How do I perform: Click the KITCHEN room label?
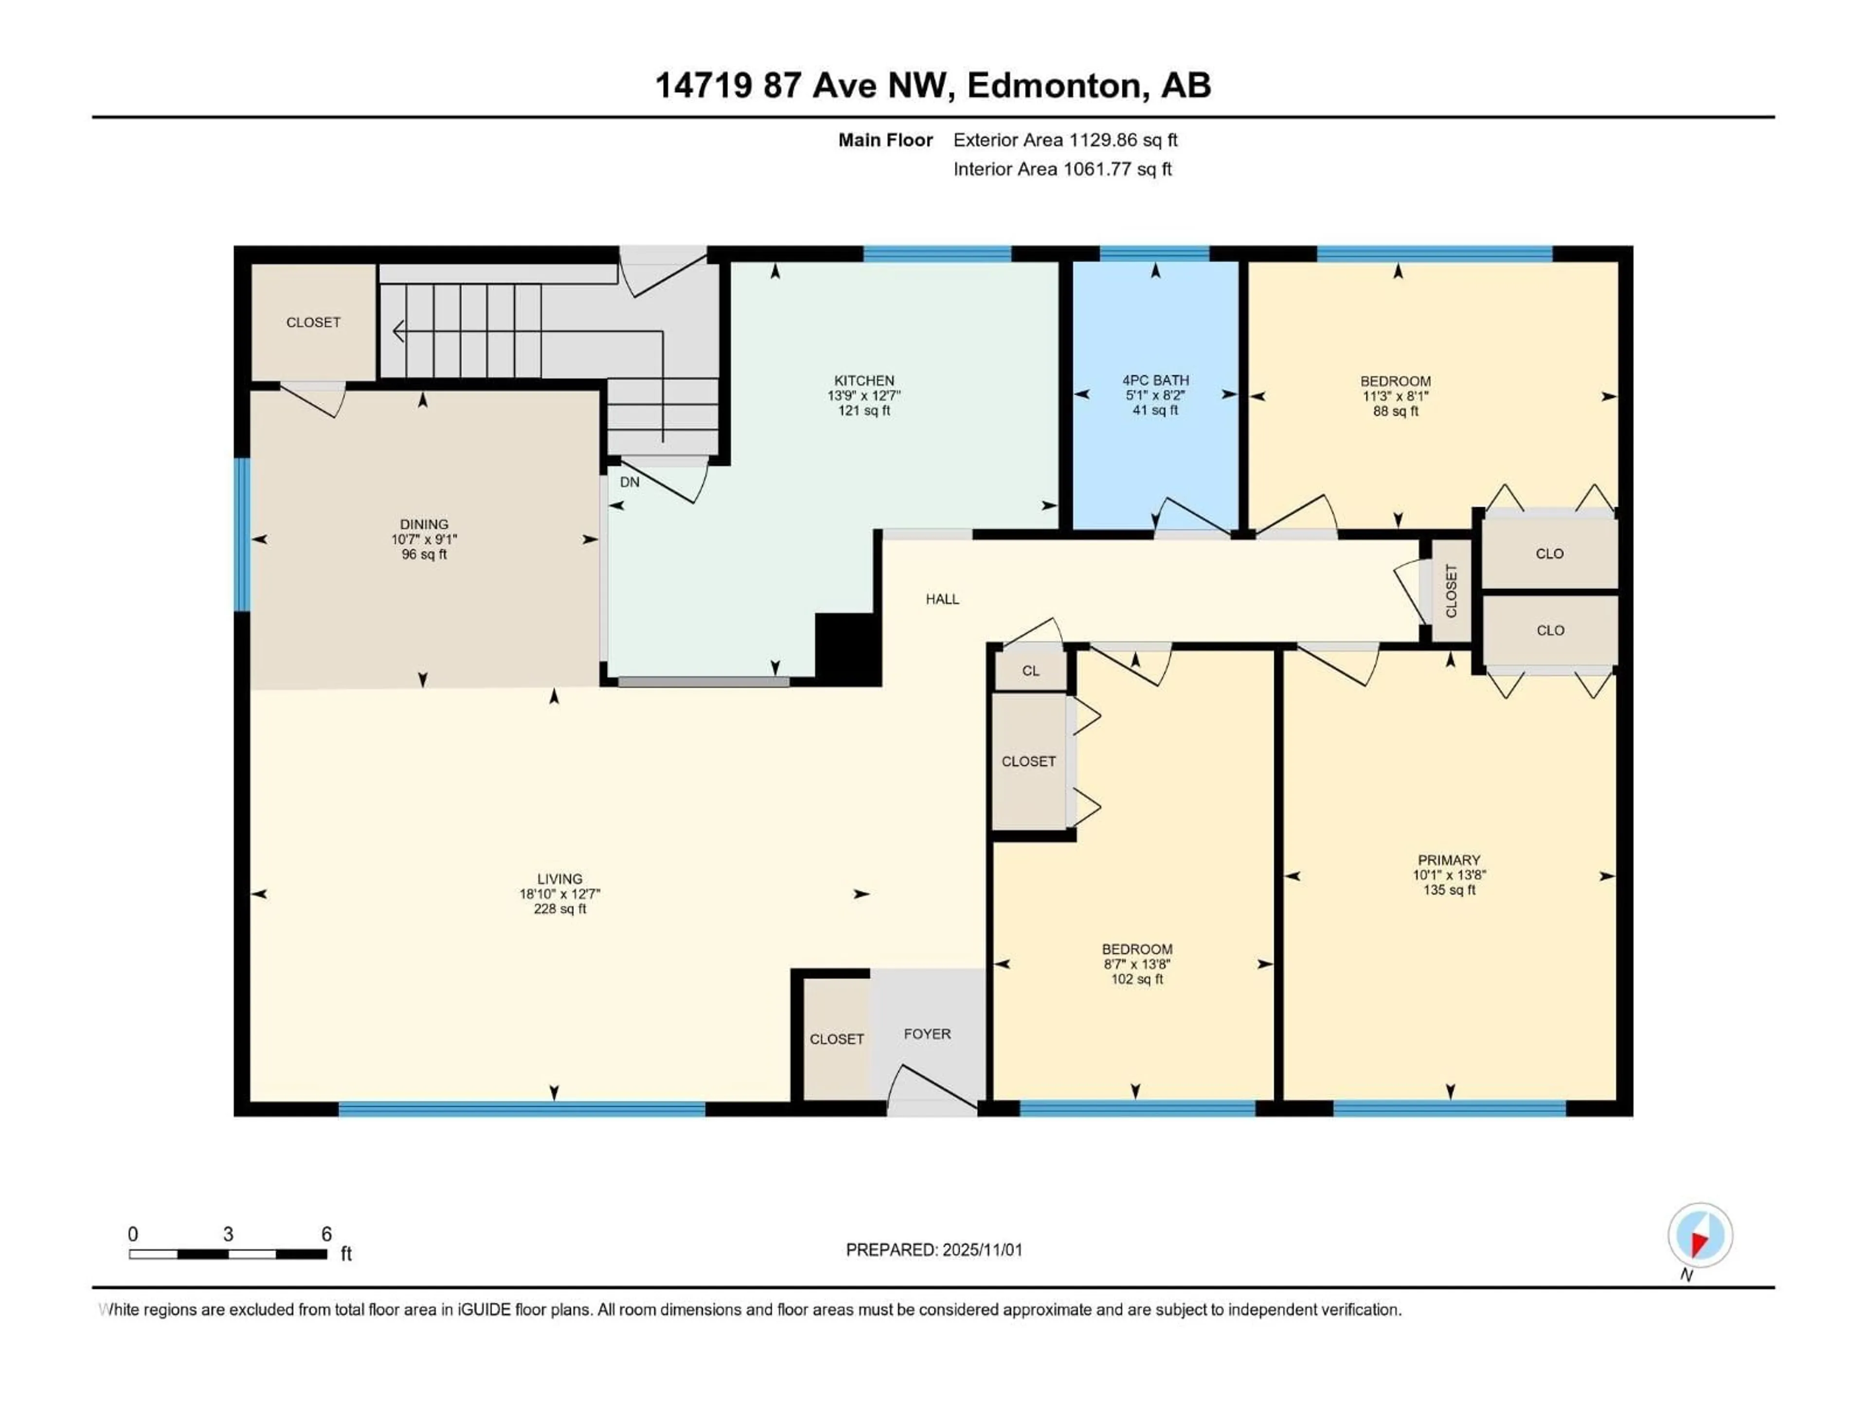(864, 381)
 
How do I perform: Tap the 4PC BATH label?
(1155, 381)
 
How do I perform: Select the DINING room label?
(424, 524)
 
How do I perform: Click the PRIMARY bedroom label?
(1449, 861)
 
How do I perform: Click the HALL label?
(942, 599)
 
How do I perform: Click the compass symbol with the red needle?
(1700, 1236)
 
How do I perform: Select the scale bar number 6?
(327, 1234)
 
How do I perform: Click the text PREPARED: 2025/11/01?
(934, 1250)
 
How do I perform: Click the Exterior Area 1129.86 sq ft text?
(1065, 140)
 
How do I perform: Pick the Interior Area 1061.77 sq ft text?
(1062, 169)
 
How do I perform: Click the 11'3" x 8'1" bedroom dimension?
(1395, 396)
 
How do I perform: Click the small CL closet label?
(1030, 670)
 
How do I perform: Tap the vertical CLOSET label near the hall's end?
(1451, 590)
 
